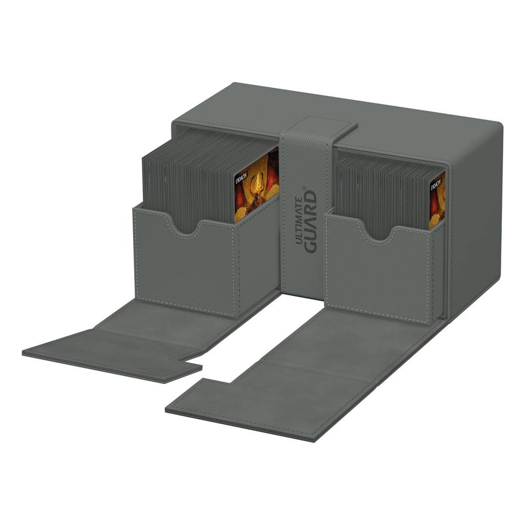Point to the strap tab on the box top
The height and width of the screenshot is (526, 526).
pos(321,127)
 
